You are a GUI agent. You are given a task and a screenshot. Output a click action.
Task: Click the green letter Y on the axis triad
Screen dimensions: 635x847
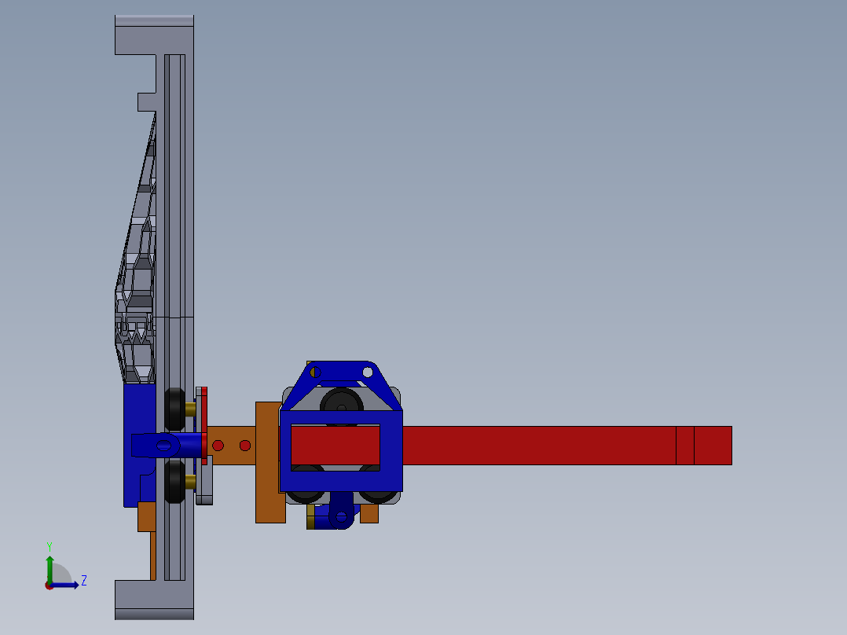pos(49,545)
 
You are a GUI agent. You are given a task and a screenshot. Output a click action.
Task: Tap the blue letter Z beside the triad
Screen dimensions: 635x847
pos(83,581)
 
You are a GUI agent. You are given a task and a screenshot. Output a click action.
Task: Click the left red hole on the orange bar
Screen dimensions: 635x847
pos(218,446)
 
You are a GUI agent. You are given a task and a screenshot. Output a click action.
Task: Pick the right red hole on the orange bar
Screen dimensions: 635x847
pos(245,446)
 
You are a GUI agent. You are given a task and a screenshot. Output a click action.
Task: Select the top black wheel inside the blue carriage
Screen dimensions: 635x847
pos(342,402)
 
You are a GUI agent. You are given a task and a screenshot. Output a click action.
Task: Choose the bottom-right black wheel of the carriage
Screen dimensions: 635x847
pos(378,490)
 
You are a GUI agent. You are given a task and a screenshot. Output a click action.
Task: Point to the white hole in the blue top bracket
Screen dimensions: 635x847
pos(368,371)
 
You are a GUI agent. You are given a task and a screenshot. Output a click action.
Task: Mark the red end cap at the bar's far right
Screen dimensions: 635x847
pos(713,446)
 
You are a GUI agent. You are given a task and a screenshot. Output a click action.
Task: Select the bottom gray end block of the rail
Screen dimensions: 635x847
pos(154,600)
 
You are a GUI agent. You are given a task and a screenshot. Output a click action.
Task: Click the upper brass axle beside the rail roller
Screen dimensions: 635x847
pos(190,408)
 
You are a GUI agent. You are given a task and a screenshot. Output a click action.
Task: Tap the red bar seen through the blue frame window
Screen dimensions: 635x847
pos(335,446)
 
